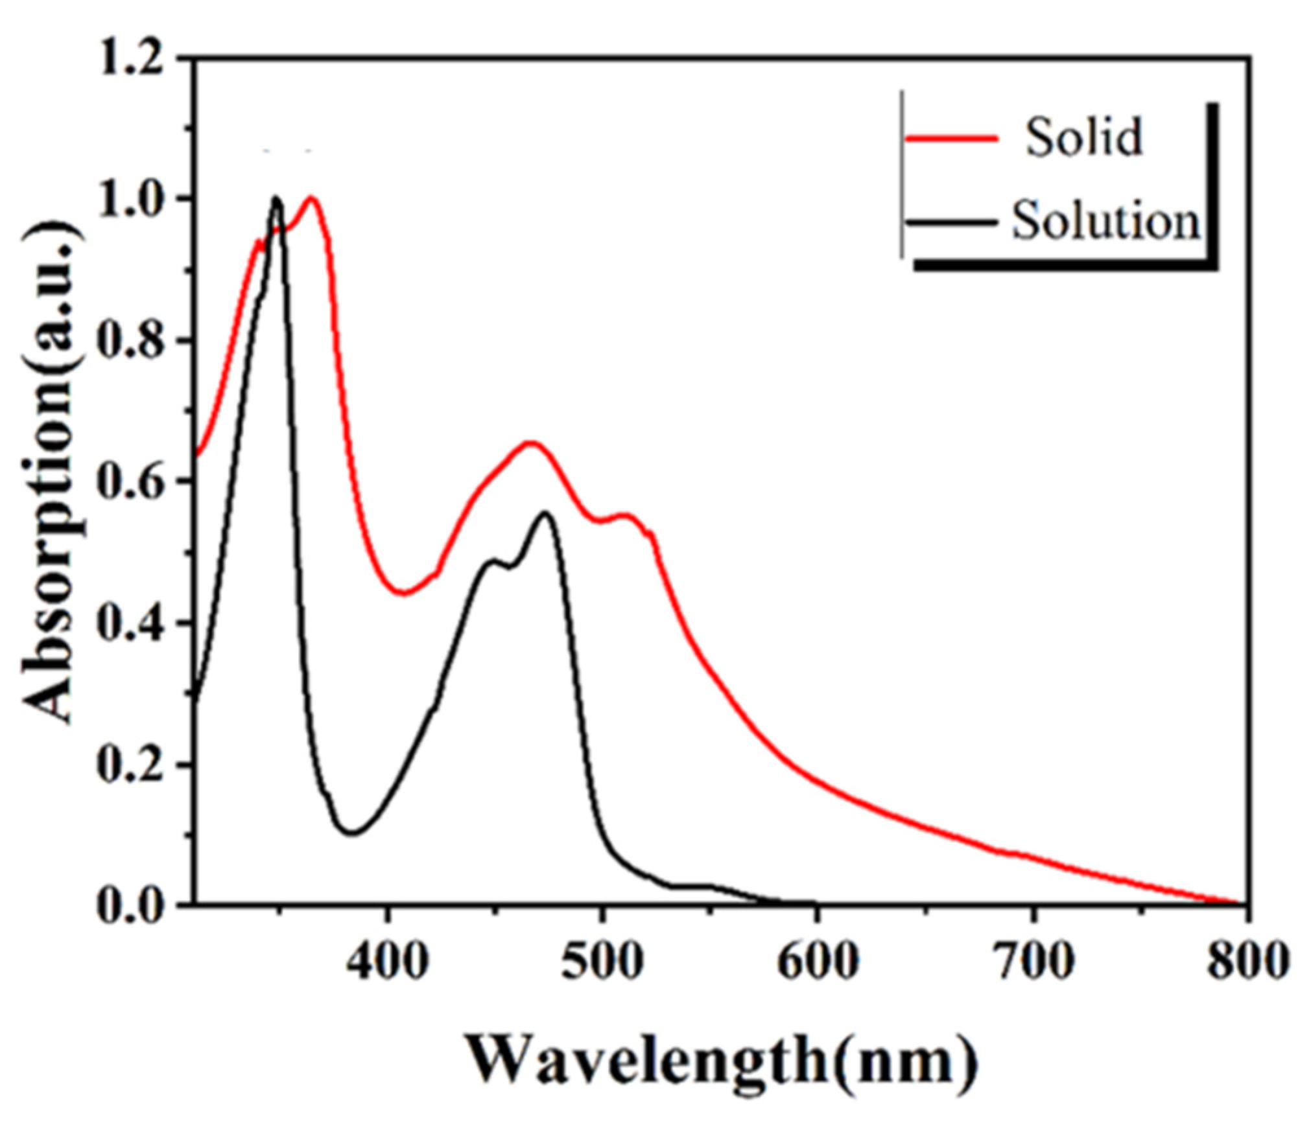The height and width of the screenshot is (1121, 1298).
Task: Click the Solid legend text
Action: point(1083,137)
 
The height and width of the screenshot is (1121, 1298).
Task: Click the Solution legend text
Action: point(1106,222)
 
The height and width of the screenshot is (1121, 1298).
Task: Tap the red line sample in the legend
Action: point(950,137)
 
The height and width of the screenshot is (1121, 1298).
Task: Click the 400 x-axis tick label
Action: point(387,961)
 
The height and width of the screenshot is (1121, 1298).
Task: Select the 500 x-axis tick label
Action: point(602,961)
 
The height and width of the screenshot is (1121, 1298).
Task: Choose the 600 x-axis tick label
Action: point(818,961)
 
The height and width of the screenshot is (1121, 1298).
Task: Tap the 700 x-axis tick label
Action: point(1033,961)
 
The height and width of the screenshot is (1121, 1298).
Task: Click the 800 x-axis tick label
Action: point(1246,961)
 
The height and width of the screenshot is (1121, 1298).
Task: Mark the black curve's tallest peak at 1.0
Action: point(277,198)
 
